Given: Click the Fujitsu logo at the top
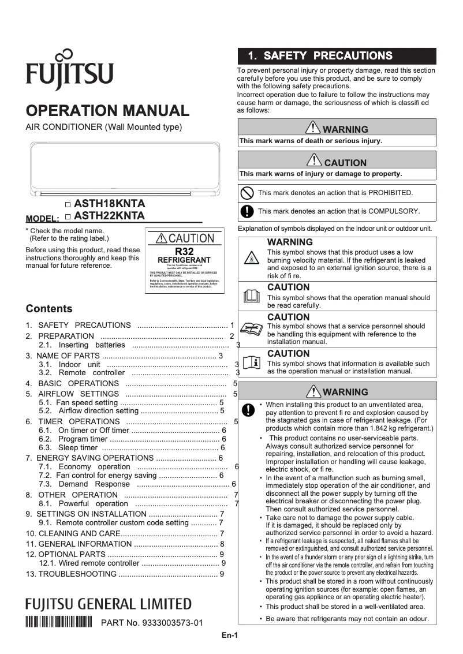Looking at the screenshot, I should pos(69,70).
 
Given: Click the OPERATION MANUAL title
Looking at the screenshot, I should pos(108,111).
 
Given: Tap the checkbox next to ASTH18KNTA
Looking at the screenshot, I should pos(68,204).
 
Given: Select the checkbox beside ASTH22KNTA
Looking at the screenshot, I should pos(68,216).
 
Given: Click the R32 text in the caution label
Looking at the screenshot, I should pos(184,252).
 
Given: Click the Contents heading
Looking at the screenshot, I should pos(49,308).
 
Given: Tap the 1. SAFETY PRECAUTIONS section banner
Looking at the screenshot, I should pos(337,56).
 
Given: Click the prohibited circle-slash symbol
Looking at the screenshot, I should pos(247,193).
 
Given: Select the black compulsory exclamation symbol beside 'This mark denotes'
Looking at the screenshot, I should pos(247,211).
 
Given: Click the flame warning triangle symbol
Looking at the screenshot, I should pos(252,257).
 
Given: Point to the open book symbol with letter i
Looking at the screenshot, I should pos(252,363).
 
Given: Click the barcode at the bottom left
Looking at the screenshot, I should pos(59,622).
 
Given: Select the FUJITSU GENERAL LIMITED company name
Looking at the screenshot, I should pos(109,604).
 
